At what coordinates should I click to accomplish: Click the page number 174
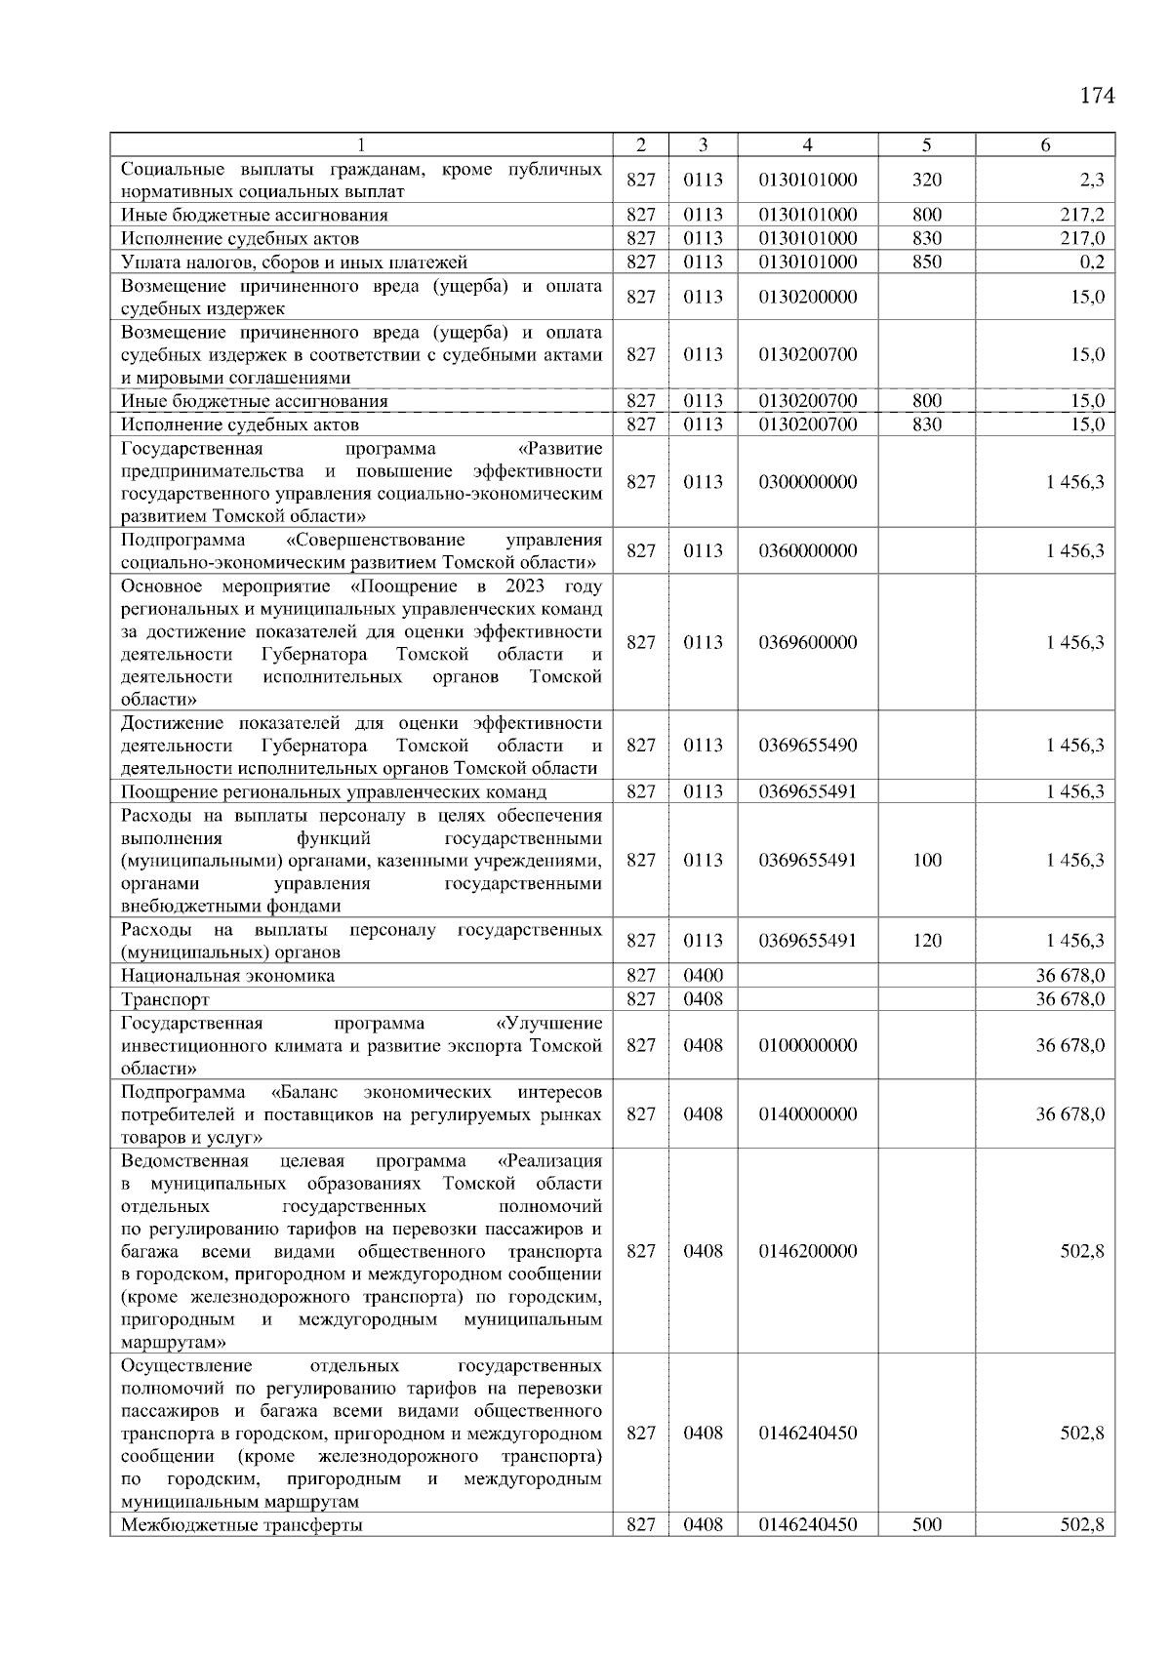1097,96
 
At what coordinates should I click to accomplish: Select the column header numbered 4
807,144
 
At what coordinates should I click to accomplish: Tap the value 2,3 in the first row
1093,180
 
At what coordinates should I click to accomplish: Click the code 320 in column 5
926,180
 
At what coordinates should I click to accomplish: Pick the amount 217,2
1083,215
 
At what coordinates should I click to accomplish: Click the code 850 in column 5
926,262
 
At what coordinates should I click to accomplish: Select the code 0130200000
807,297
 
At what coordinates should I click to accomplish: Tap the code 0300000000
807,482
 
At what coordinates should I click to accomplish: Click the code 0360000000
807,551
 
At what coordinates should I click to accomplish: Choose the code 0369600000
807,642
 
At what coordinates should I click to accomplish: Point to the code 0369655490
807,746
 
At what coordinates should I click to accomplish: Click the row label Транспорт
165,999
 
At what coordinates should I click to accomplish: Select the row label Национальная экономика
227,976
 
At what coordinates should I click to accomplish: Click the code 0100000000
807,1045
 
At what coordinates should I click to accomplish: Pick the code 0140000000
807,1114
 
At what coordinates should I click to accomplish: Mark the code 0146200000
807,1251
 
